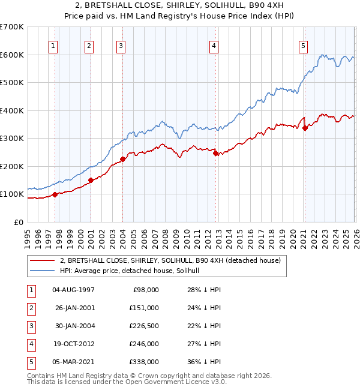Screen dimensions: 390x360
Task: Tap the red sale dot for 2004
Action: [122, 159]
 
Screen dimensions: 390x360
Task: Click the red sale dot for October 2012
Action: [215, 154]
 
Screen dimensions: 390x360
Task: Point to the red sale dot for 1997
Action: [55, 194]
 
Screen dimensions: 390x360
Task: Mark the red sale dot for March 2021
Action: [305, 127]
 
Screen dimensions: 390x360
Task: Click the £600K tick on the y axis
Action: [12, 55]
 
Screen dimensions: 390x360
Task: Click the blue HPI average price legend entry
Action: [133, 271]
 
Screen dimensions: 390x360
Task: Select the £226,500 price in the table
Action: [145, 326]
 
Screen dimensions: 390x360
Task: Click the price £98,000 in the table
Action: [145, 290]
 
